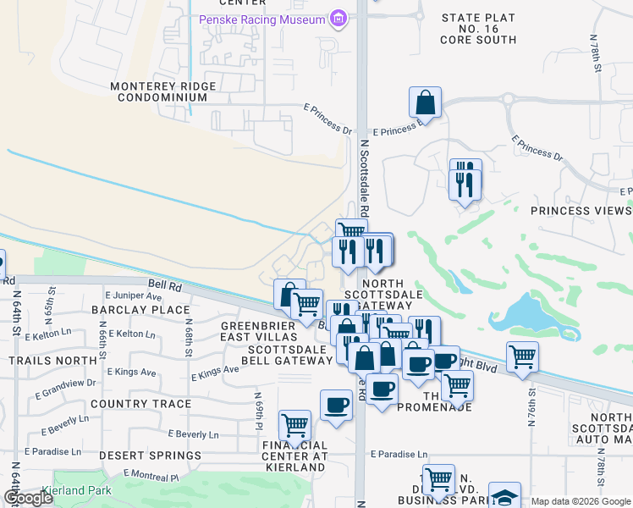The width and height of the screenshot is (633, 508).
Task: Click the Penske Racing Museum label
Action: tap(261, 19)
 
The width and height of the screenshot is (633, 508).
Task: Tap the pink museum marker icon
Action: tap(339, 19)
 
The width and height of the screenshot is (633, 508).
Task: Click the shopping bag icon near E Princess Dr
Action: tap(425, 102)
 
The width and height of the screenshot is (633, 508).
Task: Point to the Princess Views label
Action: tap(581, 211)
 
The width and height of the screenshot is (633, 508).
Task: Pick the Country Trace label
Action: tap(140, 404)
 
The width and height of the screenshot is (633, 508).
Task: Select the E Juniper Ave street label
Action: tap(133, 297)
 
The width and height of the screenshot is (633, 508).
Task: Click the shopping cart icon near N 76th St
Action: tap(522, 356)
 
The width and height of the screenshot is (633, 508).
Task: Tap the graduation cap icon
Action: tap(504, 496)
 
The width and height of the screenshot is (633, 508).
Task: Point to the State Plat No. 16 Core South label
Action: tap(478, 29)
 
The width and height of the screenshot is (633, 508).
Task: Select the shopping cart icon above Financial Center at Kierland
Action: tap(294, 424)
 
